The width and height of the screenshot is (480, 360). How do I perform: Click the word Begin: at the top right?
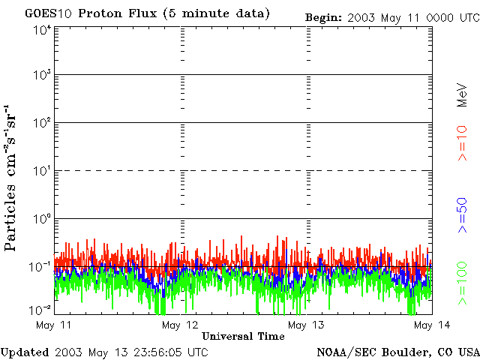(x=323, y=16)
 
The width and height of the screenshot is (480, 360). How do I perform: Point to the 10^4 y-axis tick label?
(x=42, y=29)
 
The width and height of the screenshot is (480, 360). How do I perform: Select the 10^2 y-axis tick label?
(x=42, y=124)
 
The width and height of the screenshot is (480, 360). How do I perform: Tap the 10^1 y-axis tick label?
(x=42, y=172)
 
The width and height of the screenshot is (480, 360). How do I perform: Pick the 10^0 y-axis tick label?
(x=42, y=219)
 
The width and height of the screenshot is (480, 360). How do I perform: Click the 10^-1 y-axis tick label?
(x=40, y=266)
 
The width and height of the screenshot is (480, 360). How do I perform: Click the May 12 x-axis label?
(x=179, y=325)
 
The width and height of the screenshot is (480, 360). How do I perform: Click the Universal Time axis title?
(x=243, y=336)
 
